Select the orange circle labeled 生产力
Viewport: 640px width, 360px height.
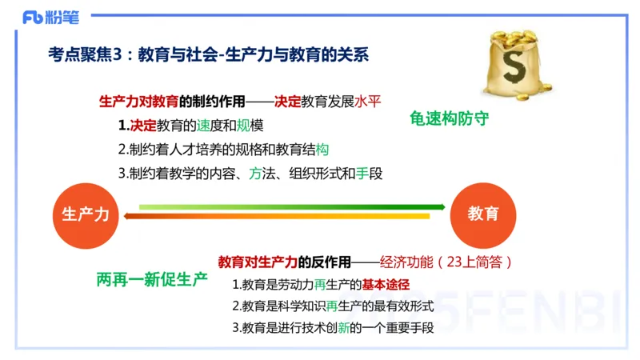86,213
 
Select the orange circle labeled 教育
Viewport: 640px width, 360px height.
482,213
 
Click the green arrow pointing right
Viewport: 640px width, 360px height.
292,207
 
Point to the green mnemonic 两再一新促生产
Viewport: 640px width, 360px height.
151,279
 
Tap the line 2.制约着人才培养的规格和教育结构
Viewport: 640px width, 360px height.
223,150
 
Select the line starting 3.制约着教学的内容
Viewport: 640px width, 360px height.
250,173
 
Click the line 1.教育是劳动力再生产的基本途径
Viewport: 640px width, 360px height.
321,285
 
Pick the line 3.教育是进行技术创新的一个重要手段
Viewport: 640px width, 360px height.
333,328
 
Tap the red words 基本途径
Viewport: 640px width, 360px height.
386,285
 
